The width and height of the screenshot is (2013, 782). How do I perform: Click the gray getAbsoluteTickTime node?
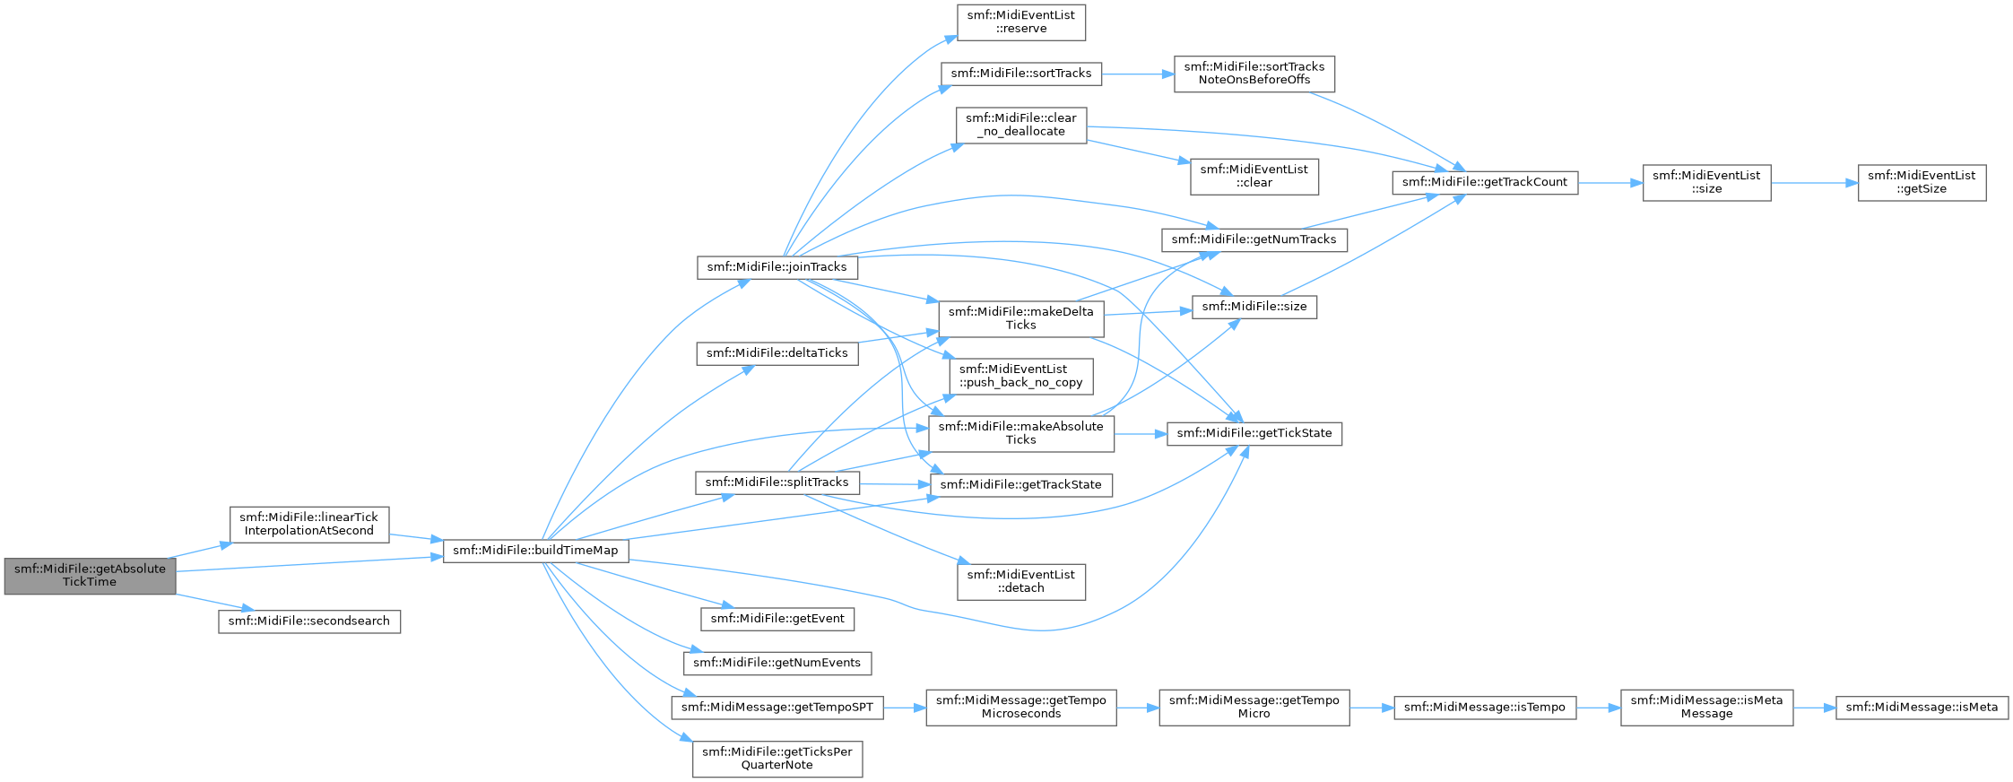90,575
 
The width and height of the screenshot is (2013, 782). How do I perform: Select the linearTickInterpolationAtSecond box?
309,524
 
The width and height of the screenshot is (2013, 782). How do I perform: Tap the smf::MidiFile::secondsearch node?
309,621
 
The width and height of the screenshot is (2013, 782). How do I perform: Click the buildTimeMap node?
535,550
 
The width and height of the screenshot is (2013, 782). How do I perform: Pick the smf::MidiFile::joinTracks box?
777,267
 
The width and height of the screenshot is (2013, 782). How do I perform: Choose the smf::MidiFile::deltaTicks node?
777,353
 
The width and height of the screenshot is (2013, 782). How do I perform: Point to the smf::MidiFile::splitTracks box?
777,482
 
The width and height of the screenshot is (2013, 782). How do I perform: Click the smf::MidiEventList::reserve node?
1021,22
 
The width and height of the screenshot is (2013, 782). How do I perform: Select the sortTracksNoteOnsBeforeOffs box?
1254,74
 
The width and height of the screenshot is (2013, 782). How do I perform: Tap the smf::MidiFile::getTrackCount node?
1485,182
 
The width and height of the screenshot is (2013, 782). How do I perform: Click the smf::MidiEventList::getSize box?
1922,182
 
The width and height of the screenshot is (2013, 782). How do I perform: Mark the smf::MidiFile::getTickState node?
1254,433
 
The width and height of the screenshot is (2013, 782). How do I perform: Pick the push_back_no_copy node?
1021,376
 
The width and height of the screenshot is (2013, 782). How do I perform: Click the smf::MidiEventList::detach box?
1021,581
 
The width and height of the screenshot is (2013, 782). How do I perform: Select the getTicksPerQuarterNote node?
777,759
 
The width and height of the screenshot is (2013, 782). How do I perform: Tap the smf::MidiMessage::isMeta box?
1922,708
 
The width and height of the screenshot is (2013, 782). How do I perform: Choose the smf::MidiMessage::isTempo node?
1485,708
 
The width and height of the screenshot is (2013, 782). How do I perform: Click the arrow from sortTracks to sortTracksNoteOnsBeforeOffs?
1138,74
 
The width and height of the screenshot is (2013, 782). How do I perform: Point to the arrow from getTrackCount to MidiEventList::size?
1610,182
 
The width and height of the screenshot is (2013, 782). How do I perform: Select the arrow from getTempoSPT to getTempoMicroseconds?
905,708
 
